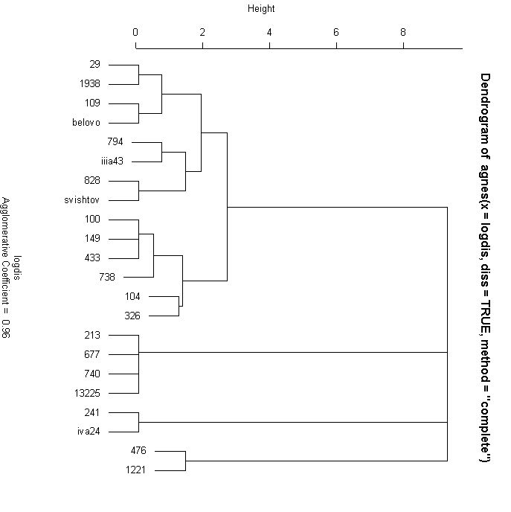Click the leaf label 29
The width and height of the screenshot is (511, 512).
pyautogui.click(x=94, y=65)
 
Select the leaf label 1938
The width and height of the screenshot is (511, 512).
pyautogui.click(x=89, y=84)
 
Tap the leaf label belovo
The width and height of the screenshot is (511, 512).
pyautogui.click(x=86, y=123)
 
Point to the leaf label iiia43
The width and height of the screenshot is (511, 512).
pyautogui.click(x=111, y=161)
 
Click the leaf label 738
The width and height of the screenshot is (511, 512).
pyautogui.click(x=108, y=277)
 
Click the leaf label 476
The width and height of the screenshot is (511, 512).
pyautogui.click(x=138, y=450)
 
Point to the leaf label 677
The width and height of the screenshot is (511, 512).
pyautogui.click(x=92, y=355)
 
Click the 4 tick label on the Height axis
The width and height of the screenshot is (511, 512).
pyautogui.click(x=269, y=32)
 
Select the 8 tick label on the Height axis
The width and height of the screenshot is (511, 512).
pyautogui.click(x=403, y=32)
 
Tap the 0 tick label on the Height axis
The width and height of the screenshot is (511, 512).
pyautogui.click(x=135, y=32)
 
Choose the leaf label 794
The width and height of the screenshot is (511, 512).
pyautogui.click(x=115, y=141)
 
